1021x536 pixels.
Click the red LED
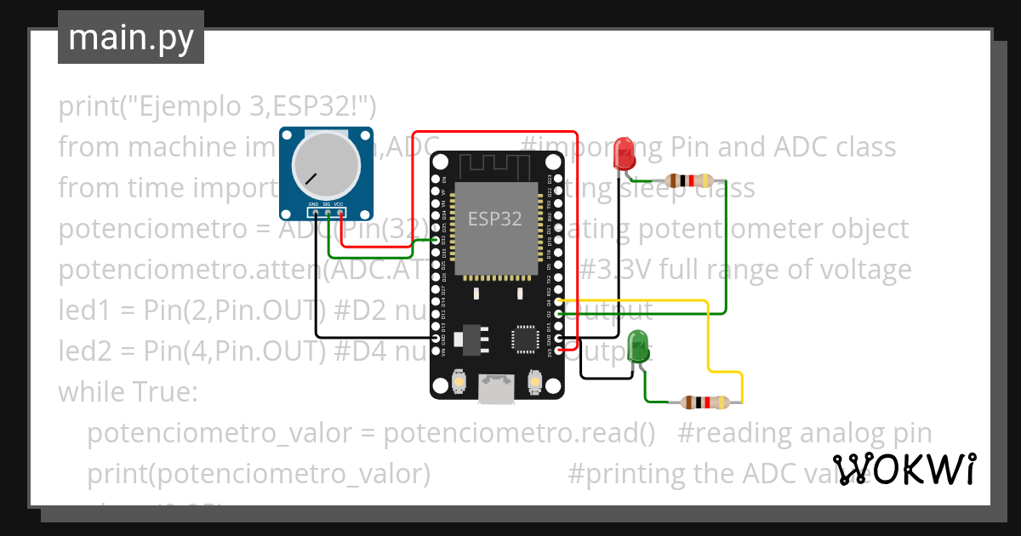click(625, 154)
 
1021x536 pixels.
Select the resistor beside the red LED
click(689, 180)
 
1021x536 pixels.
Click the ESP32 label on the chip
click(494, 218)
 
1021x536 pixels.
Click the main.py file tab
click(130, 37)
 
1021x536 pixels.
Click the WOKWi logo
click(904, 469)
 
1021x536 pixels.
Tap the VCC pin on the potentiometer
click(339, 214)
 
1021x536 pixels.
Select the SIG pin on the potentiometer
click(327, 214)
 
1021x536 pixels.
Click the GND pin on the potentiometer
click(314, 214)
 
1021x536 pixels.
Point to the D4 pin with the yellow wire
click(558, 302)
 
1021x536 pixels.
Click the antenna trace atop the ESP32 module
click(496, 164)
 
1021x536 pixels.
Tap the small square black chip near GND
click(525, 339)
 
